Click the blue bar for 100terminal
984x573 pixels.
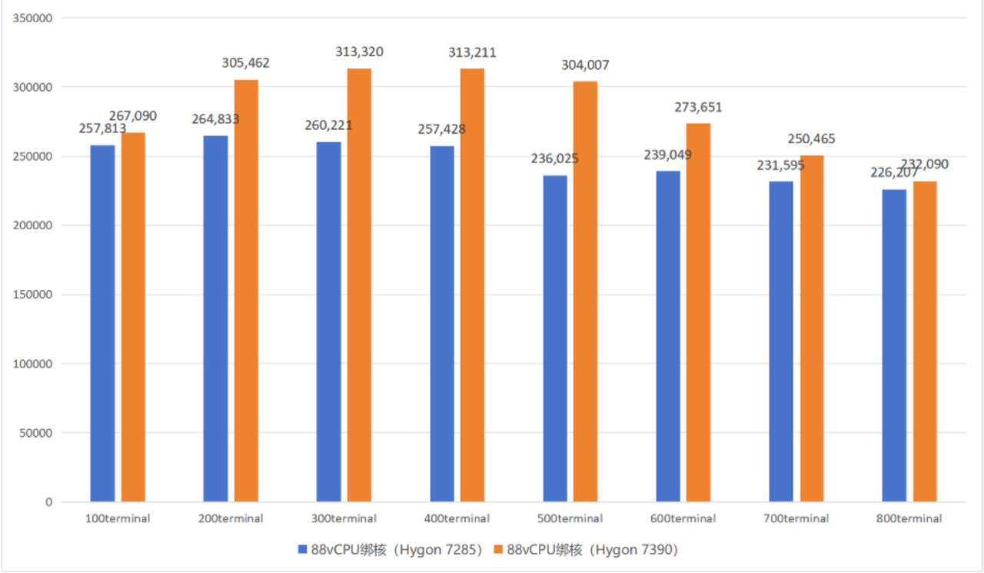[x=102, y=323]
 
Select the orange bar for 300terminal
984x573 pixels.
[x=359, y=285]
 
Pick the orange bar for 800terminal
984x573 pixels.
[x=925, y=341]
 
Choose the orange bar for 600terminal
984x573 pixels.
[x=699, y=312]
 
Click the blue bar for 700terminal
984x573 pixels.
[x=781, y=341]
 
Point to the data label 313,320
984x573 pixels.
[x=359, y=52]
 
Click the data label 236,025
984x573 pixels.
[x=555, y=159]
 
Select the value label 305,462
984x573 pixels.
[x=246, y=63]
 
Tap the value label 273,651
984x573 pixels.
[x=699, y=108]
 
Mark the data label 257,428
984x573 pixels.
[x=442, y=129]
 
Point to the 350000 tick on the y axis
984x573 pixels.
[x=33, y=18]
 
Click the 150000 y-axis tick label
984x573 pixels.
[x=33, y=295]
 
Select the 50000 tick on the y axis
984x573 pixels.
[x=36, y=433]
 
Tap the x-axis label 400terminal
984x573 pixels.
[x=457, y=518]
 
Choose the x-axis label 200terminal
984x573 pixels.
[x=230, y=518]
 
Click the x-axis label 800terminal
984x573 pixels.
[x=909, y=518]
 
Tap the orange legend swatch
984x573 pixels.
[x=499, y=549]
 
